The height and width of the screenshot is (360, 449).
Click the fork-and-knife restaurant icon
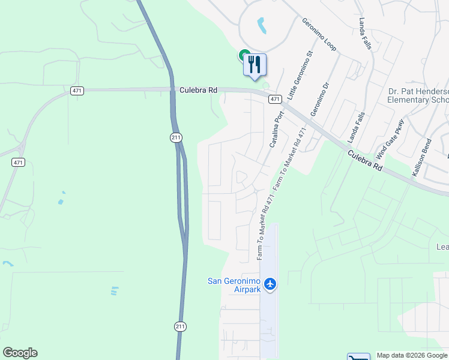pos(255,64)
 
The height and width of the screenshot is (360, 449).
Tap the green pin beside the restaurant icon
pos(244,55)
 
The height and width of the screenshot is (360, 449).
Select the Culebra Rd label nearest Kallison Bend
pos(365,161)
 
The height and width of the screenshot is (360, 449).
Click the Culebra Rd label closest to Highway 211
pos(197,90)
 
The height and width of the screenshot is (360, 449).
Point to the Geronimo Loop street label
pos(319,35)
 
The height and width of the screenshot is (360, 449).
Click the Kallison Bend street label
pos(421,158)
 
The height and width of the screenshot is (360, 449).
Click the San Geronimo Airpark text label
pos(234,284)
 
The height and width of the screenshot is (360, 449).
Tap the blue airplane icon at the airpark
pos(270,283)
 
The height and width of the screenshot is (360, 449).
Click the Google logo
pos(20,353)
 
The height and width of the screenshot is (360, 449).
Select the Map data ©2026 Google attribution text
pos(411,355)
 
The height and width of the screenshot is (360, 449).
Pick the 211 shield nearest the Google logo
pos(181,326)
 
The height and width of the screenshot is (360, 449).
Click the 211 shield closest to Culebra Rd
pos(175,138)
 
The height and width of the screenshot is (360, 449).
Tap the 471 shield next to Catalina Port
pos(275,99)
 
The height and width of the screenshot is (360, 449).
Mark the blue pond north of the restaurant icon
pos(262,25)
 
